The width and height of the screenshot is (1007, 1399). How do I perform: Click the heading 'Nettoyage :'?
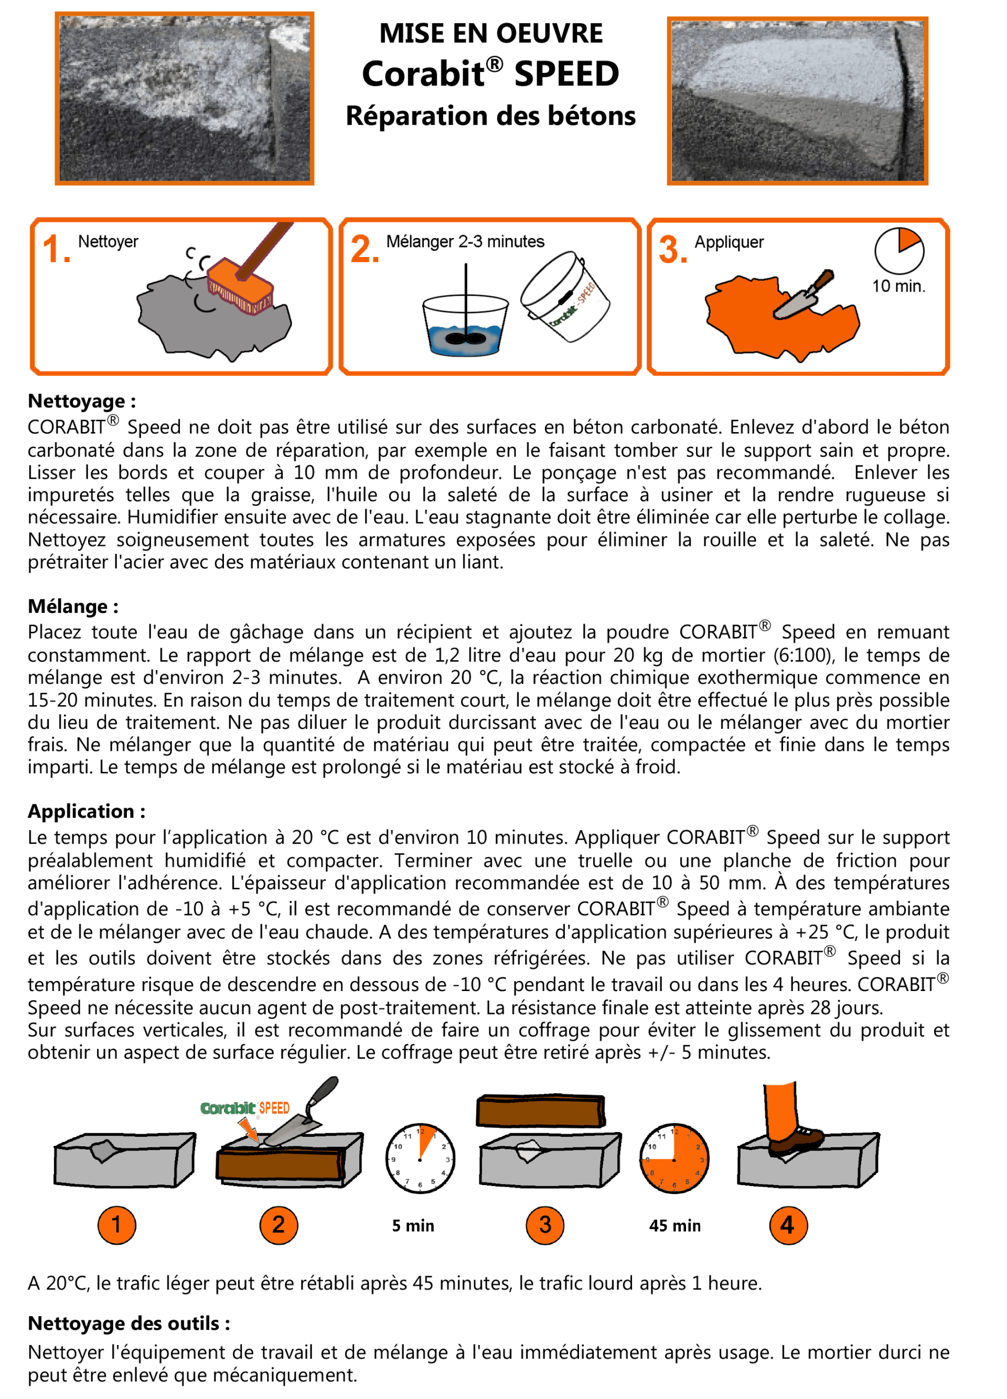tap(82, 401)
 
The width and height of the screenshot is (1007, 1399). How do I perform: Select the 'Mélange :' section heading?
tap(73, 606)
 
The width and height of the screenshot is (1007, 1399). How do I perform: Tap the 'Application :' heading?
tap(87, 811)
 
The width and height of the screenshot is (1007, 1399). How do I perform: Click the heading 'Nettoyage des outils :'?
tap(129, 1323)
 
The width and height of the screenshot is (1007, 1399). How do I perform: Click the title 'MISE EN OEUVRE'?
tap(491, 34)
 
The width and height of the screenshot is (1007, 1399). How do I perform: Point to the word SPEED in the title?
tap(566, 74)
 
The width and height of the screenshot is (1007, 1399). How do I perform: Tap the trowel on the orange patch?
tap(803, 294)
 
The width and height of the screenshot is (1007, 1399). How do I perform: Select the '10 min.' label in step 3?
tap(898, 286)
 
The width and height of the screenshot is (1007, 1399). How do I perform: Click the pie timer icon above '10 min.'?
tap(899, 251)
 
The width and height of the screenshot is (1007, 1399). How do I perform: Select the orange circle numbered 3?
tap(545, 1225)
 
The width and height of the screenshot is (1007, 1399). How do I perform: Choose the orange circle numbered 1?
tap(116, 1225)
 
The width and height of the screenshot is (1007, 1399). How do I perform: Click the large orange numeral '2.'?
tap(365, 250)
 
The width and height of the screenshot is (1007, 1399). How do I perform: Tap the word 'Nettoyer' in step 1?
tap(108, 241)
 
